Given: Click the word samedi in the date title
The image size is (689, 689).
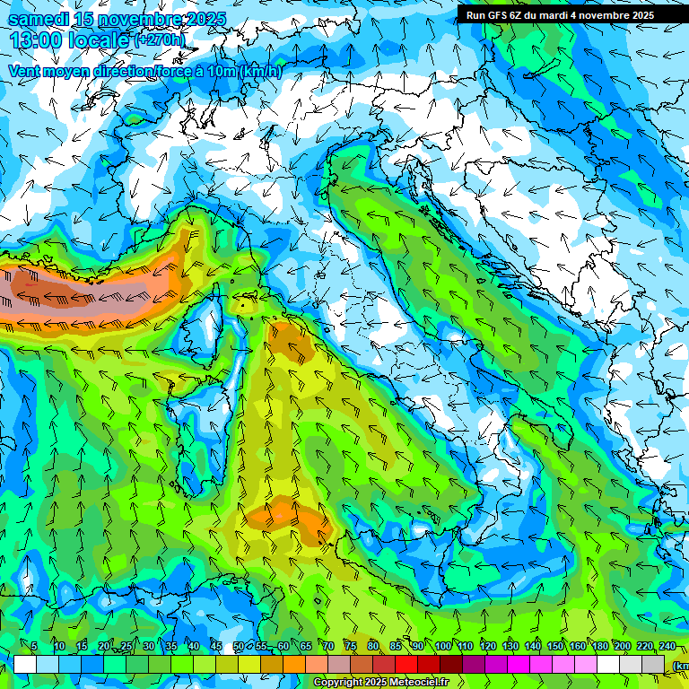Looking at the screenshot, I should tap(39, 19).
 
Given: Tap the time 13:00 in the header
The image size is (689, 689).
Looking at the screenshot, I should tap(35, 39).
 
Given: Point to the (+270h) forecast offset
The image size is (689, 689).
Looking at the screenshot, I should tap(161, 39).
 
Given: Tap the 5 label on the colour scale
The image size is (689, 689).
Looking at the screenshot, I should tap(33, 647).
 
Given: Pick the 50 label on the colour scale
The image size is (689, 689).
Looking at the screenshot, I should tap(238, 647).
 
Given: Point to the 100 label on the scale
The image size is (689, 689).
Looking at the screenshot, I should tap(443, 647).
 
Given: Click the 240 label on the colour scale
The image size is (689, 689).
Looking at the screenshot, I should tap(667, 647).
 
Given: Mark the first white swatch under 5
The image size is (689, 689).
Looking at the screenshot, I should tap(25, 664).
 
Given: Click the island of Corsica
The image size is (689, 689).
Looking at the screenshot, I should tap(205, 327).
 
